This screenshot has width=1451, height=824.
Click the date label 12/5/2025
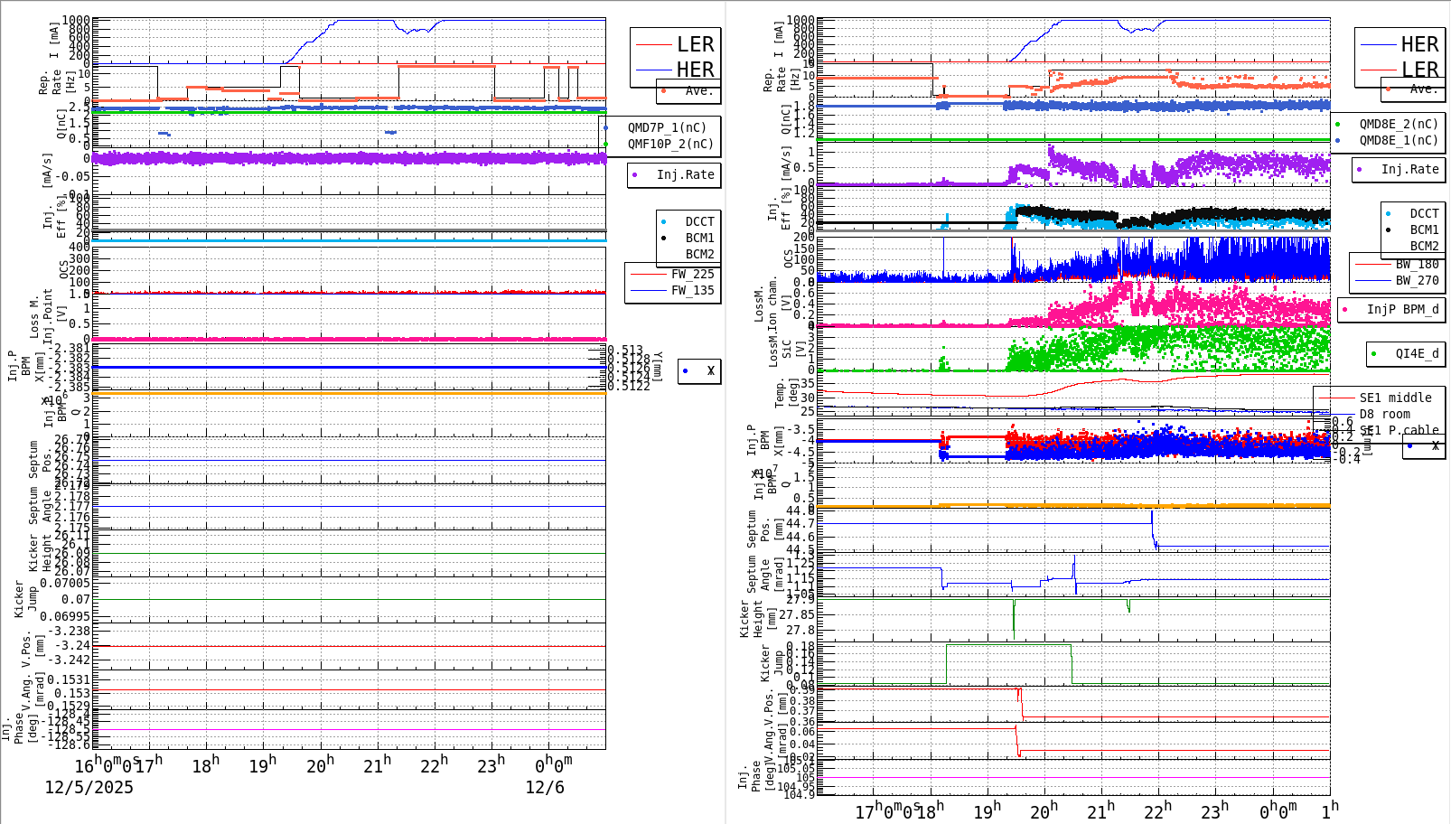tap(89, 787)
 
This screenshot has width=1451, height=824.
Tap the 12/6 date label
tap(544, 787)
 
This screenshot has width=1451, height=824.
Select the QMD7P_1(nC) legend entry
tap(667, 127)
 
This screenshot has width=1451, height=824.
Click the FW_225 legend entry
tap(691, 274)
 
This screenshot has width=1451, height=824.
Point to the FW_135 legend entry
tap(691, 290)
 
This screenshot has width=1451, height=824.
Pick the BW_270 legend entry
tap(1416, 280)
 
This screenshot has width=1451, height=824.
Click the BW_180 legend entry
tap(1416, 264)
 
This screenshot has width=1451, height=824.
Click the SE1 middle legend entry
tap(1395, 398)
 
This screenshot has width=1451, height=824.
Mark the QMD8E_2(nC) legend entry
tap(1398, 124)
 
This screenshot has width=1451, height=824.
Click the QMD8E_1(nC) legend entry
tap(1398, 140)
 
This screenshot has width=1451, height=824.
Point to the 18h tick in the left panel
tap(205, 765)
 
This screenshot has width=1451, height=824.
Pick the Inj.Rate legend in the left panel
tap(685, 174)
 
